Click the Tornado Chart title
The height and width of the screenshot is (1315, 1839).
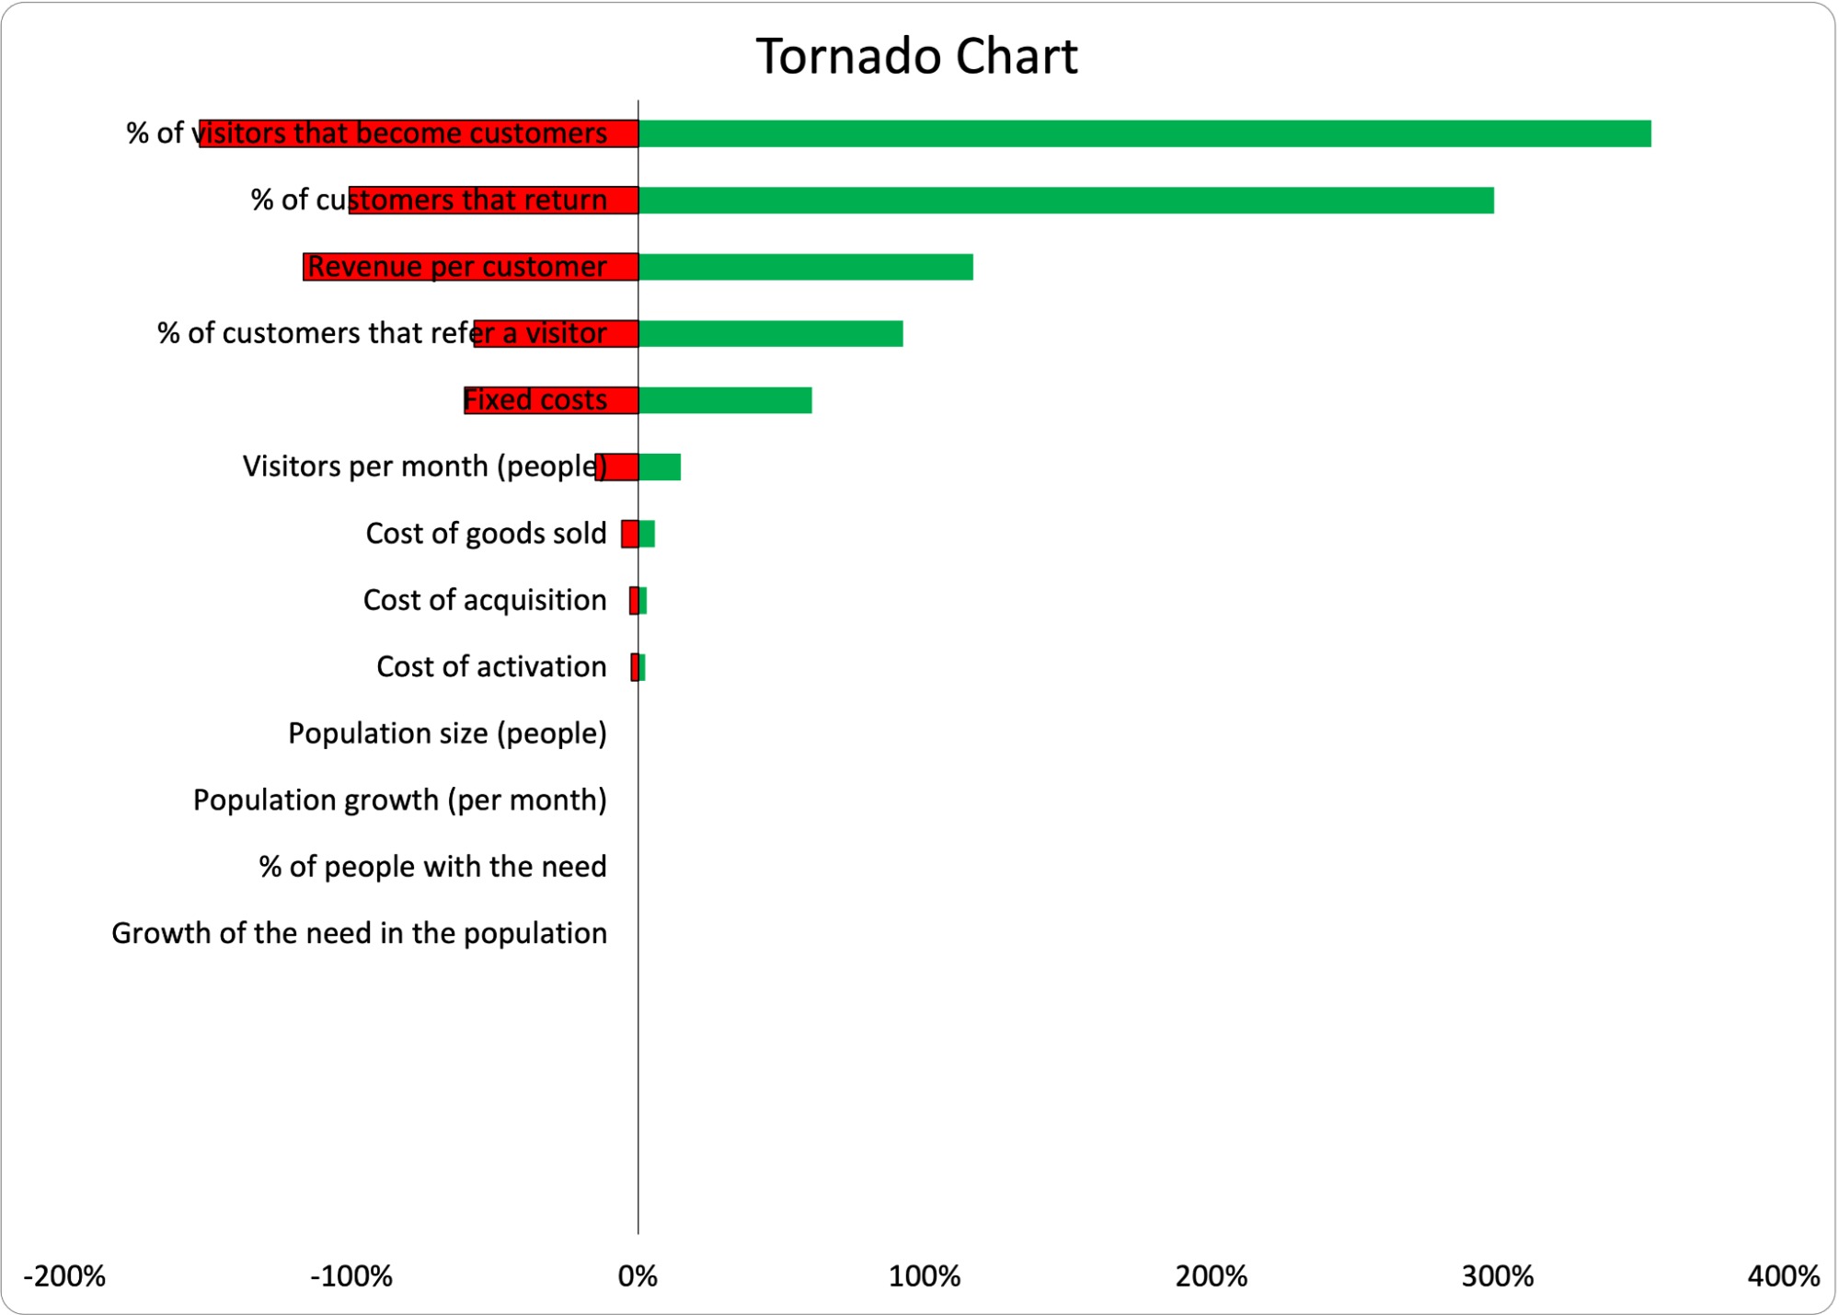tap(916, 57)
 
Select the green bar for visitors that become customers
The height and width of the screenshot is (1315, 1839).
tap(1144, 133)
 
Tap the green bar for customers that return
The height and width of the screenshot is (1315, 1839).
tap(1065, 201)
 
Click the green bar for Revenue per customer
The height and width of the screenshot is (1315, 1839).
tap(806, 267)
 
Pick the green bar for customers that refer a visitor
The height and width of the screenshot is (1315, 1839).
tap(771, 334)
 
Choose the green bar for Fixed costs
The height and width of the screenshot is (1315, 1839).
tap(725, 400)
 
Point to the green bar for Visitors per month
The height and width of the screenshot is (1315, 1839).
tap(660, 467)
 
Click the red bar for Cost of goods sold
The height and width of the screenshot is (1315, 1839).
tap(629, 534)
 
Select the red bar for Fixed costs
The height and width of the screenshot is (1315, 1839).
tap(551, 400)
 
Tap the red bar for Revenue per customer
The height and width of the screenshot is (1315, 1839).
tap(470, 267)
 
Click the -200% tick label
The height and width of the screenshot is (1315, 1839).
tap(64, 1276)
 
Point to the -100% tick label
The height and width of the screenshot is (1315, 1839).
tap(351, 1276)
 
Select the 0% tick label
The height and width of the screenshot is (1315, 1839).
tap(638, 1276)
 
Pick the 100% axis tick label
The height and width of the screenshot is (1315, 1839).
tap(925, 1276)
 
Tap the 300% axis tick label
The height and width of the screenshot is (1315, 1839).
tap(1498, 1276)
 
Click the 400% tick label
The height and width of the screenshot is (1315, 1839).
tap(1783, 1276)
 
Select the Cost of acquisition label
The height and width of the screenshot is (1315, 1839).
tap(485, 600)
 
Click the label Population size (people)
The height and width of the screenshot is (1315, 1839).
tap(447, 733)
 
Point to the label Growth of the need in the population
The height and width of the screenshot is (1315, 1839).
tap(359, 933)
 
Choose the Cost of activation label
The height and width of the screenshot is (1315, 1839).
tap(491, 666)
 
